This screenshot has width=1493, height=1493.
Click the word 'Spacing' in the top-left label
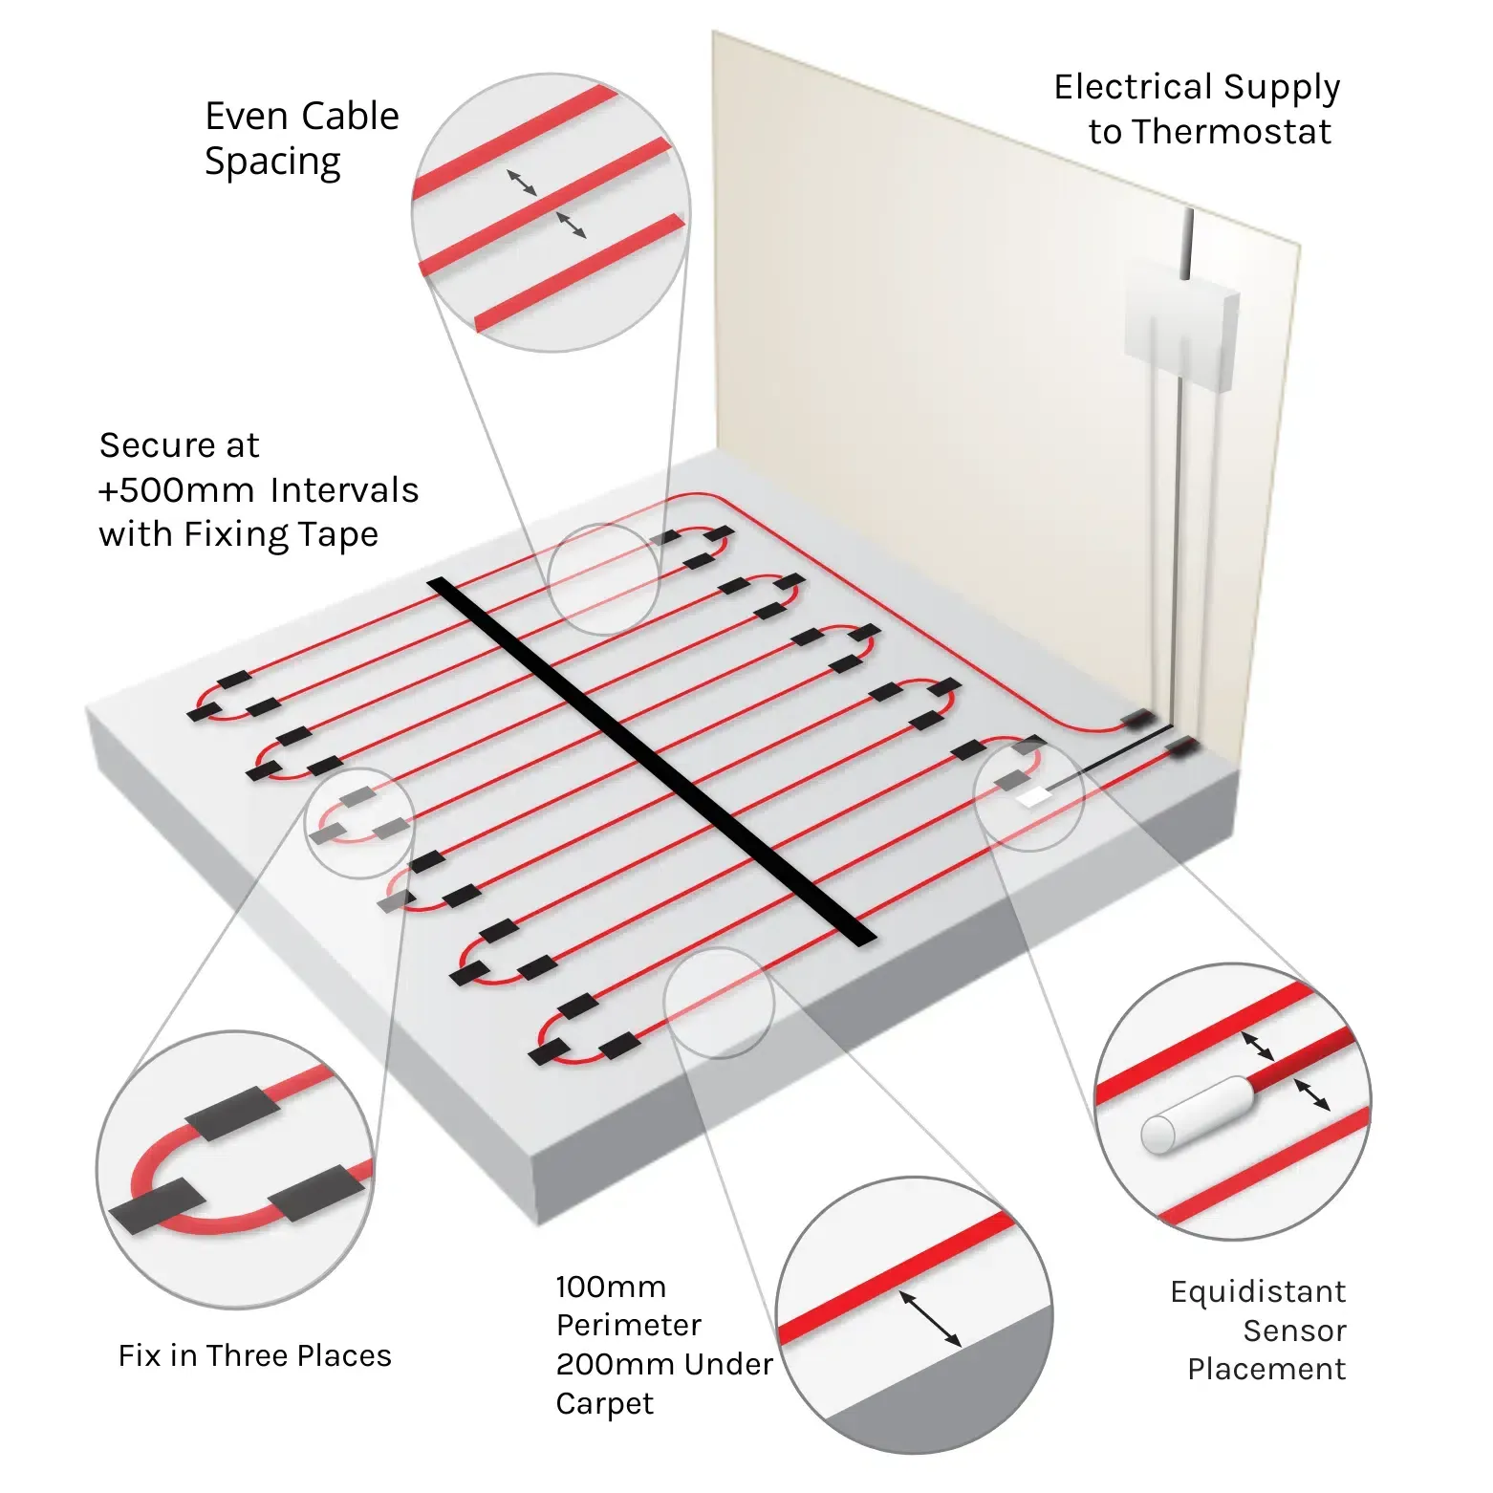coord(272,162)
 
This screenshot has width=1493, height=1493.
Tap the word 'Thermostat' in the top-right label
coord(1209,131)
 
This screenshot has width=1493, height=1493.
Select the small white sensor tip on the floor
coord(1031,796)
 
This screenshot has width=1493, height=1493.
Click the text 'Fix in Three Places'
coord(254,1355)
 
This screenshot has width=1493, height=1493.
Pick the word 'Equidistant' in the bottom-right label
coord(1258,1292)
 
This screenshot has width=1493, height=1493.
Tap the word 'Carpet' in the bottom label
coord(605,1403)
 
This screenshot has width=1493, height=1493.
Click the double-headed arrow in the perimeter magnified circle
coord(930,1320)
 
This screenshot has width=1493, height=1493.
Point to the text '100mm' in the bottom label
coord(611,1287)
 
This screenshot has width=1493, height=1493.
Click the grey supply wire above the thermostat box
coord(1186,244)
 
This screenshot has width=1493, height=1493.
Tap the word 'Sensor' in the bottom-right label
coord(1294,1331)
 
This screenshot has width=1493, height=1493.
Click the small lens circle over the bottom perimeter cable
coord(719,1002)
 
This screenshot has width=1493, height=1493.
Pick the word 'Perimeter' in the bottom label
coord(628,1325)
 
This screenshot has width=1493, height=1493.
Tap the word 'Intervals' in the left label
coord(344,490)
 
